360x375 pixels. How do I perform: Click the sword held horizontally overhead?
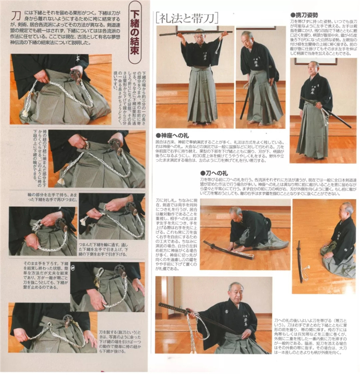[195, 33]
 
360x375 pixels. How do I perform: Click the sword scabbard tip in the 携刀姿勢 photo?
[350, 126]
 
